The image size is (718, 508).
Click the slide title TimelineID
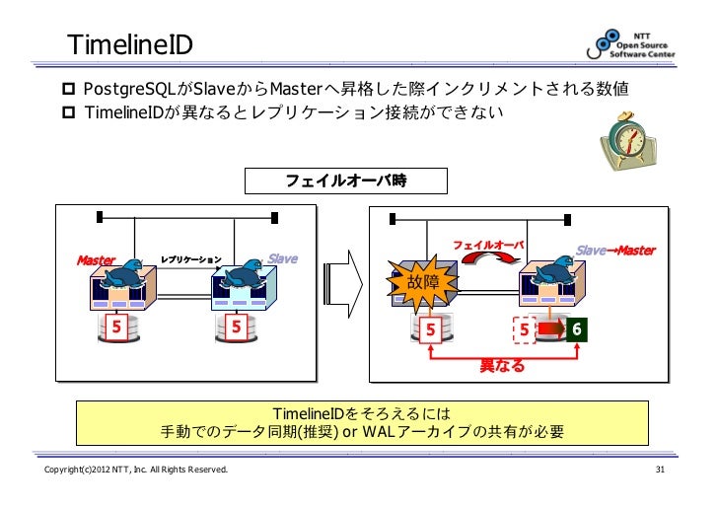click(x=129, y=44)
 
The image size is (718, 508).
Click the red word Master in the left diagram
click(x=97, y=260)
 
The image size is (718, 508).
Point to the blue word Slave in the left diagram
click(x=282, y=259)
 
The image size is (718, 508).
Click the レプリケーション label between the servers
click(x=191, y=259)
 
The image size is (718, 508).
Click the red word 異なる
click(x=502, y=367)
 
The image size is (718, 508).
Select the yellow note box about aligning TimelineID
click(x=364, y=422)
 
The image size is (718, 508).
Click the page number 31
click(x=662, y=482)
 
